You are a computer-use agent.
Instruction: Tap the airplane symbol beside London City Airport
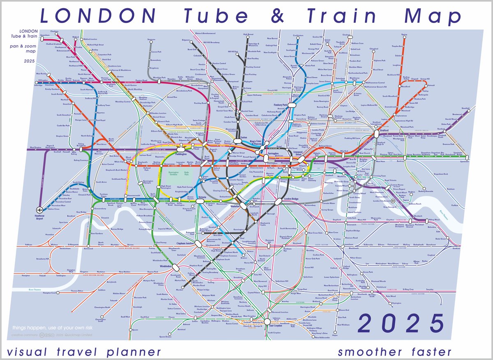pyautogui.click(x=392, y=201)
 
